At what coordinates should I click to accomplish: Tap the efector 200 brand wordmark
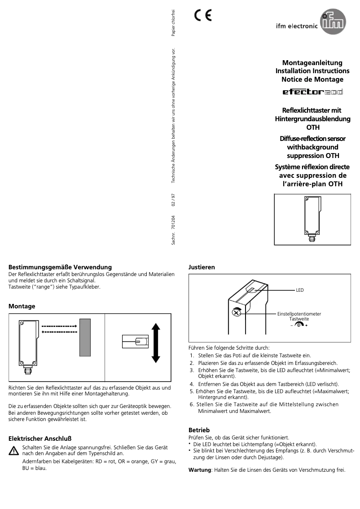312,92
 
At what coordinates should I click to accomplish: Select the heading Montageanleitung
312,63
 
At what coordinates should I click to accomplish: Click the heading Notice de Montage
312,79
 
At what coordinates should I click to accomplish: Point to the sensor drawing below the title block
312,219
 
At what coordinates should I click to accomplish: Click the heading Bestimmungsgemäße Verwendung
60,268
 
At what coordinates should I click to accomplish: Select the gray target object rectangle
85,337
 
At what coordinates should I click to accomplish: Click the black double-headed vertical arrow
156,342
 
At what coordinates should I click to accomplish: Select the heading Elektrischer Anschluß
40,438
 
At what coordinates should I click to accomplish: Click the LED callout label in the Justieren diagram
299,290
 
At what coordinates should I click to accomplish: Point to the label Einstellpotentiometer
299,314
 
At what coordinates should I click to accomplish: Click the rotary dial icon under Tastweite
299,325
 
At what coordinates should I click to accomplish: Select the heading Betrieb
199,430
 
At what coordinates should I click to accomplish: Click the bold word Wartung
199,470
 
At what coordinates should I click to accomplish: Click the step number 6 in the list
191,404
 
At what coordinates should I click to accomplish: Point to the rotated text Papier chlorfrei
174,22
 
